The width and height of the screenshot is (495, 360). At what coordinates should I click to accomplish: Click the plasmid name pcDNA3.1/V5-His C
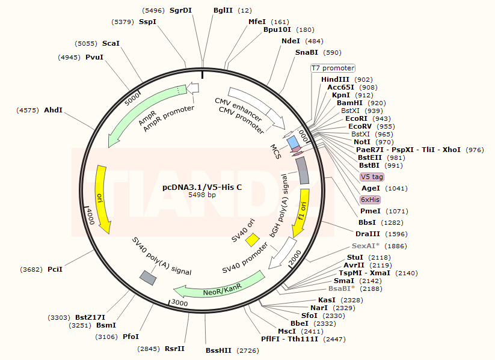click(202, 187)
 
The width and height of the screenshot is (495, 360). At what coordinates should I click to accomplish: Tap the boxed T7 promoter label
click(333, 68)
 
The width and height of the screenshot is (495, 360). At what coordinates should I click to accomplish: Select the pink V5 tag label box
click(372, 177)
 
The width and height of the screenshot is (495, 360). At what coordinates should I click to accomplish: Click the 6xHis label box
click(370, 200)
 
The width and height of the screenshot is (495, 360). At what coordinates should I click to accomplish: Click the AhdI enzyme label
click(53, 110)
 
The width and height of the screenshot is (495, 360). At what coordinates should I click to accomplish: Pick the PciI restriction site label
click(55, 269)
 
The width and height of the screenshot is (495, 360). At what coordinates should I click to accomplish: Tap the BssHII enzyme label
click(218, 350)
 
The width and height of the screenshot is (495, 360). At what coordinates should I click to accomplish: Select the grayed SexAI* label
click(366, 246)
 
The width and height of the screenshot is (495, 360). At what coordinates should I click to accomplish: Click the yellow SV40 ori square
click(253, 239)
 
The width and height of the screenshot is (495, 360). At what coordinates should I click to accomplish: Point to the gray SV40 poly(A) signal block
click(148, 276)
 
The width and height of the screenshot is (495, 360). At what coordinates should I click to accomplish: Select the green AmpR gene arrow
click(144, 115)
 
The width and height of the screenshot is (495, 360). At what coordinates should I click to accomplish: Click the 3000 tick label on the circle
click(179, 303)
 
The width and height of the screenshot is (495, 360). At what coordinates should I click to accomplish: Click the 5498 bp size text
click(202, 195)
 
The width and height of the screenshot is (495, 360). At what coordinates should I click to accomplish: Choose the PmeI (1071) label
click(370, 211)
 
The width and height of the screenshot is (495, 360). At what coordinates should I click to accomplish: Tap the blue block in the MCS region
click(293, 142)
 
